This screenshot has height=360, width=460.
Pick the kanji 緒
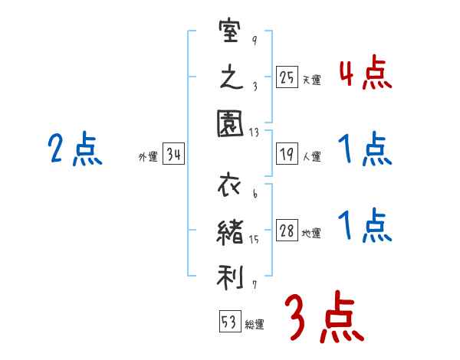(230, 231)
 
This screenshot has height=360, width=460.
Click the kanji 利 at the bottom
(230, 274)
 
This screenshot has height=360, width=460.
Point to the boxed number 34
(173, 156)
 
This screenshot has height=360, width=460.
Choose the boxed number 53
(228, 323)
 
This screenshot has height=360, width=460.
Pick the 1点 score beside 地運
(365, 227)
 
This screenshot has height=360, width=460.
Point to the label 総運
(255, 326)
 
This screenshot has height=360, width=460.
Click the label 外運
(147, 158)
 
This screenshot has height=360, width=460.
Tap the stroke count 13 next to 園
(255, 132)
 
